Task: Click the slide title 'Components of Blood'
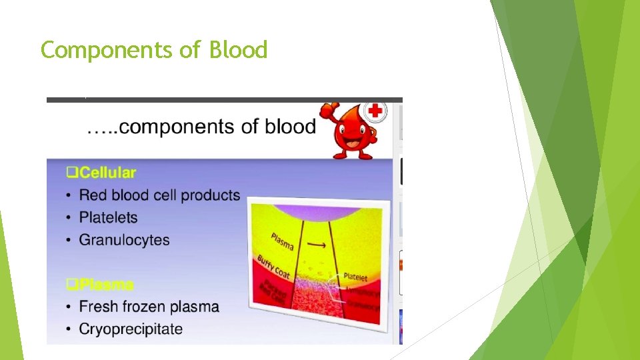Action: [154, 50]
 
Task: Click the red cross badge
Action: [375, 111]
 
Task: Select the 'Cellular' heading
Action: [107, 173]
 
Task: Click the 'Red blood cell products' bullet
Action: [159, 195]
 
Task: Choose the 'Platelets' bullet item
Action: [108, 217]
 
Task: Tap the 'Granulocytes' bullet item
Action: [124, 240]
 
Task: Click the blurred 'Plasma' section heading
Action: [105, 285]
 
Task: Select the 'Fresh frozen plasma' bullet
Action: [149, 307]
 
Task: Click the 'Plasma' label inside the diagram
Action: [283, 241]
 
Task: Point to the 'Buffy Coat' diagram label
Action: [273, 267]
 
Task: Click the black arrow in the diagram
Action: [318, 246]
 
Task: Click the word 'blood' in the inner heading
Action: [290, 127]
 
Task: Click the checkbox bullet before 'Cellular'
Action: [72, 173]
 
